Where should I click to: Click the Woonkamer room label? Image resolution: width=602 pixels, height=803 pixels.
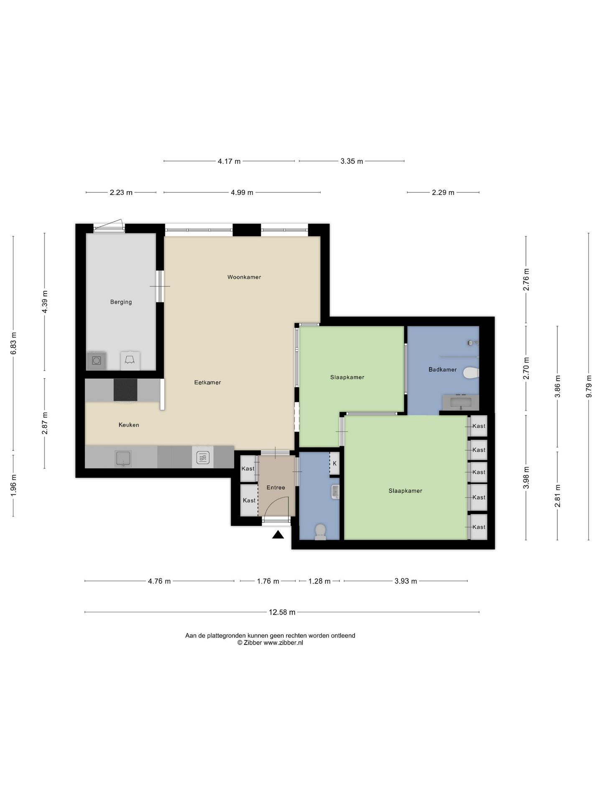[x=244, y=277]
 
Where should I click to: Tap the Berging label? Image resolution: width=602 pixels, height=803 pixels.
[x=121, y=302]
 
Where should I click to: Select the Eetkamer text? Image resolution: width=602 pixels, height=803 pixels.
[x=207, y=382]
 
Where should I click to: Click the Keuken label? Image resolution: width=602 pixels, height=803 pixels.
[x=129, y=425]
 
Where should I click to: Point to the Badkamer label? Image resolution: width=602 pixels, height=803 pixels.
[x=442, y=370]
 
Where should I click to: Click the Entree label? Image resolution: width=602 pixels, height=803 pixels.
[x=275, y=488]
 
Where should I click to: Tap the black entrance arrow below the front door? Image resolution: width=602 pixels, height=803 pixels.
[x=278, y=535]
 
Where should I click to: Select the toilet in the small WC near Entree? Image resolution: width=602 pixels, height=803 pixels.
[x=320, y=532]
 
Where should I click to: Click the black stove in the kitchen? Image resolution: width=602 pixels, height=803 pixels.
[x=125, y=390]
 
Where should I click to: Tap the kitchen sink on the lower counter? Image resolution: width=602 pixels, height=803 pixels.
[x=123, y=458]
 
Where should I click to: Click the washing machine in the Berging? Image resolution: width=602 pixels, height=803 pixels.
[x=97, y=361]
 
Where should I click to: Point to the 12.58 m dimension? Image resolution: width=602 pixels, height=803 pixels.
[x=282, y=612]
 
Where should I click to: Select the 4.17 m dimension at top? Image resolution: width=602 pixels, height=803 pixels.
[x=229, y=161]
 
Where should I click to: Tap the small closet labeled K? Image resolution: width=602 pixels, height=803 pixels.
[x=334, y=463]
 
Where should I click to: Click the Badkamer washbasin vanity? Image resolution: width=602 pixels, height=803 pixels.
[x=461, y=403]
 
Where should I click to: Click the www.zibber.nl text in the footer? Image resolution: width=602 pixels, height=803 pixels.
[x=283, y=643]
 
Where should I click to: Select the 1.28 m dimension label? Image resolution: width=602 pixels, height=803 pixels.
[x=319, y=581]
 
